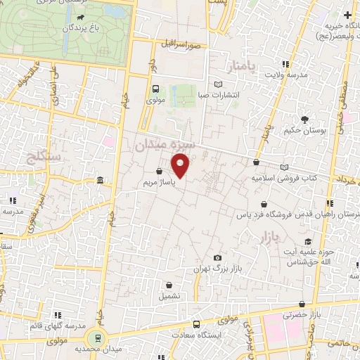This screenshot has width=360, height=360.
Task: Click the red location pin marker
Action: (x=181, y=167)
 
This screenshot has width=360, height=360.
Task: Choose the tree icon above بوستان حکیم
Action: (x=304, y=120)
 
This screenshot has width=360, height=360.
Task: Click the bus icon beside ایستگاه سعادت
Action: (x=196, y=325)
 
